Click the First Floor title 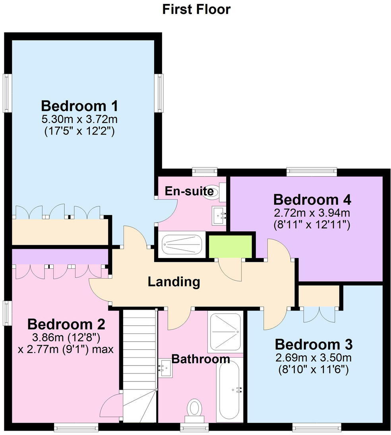click(x=196, y=9)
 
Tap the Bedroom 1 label click(x=79, y=106)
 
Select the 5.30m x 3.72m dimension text click(x=79, y=119)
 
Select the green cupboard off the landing click(x=230, y=246)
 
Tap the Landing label click(x=174, y=282)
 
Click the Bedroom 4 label click(x=312, y=199)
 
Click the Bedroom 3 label click(x=314, y=344)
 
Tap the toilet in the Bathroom click(x=194, y=409)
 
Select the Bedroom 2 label click(x=66, y=324)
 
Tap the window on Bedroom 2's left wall click(x=7, y=313)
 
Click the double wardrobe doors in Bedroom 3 click(x=319, y=315)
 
